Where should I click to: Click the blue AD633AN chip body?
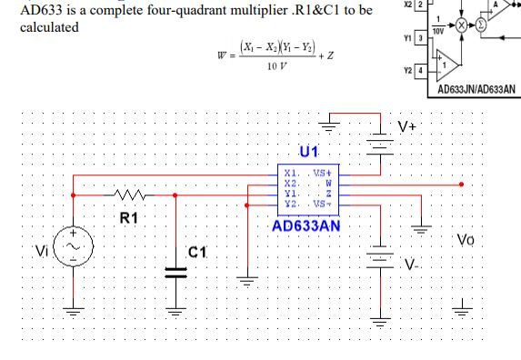tap(310, 188)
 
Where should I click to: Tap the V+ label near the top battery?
tap(407, 126)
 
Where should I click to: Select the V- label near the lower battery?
tap(413, 264)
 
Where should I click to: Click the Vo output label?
tap(466, 241)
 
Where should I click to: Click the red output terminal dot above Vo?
tap(464, 184)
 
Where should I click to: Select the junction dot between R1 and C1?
tap(175, 195)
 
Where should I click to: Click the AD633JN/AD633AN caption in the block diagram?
tap(476, 90)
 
